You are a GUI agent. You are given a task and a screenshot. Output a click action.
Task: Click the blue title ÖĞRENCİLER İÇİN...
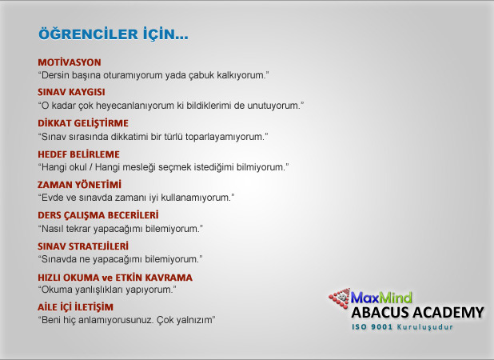[x=113, y=34]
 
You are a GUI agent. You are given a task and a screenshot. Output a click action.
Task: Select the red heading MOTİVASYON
[x=70, y=62]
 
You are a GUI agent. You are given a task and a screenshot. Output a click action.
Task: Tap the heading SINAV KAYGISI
[x=71, y=92]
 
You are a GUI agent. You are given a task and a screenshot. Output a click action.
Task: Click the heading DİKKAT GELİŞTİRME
[x=83, y=123]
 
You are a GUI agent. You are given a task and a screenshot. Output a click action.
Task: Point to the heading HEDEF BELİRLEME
[x=79, y=154]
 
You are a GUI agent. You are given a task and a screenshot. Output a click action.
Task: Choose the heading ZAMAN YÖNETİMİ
[x=79, y=185]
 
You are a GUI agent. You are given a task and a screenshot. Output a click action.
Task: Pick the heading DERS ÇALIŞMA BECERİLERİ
[x=98, y=215]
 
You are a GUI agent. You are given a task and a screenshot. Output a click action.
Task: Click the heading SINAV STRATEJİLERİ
[x=83, y=246]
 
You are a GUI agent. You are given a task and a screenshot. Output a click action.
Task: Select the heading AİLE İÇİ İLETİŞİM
[x=76, y=307]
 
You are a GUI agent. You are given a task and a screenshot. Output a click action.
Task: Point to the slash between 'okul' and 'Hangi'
[x=91, y=167]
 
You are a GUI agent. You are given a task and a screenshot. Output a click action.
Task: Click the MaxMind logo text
[x=381, y=298]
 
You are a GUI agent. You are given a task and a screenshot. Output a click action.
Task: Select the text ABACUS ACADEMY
[x=417, y=313]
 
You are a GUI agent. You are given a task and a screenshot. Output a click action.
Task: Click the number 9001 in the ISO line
[x=382, y=327]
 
